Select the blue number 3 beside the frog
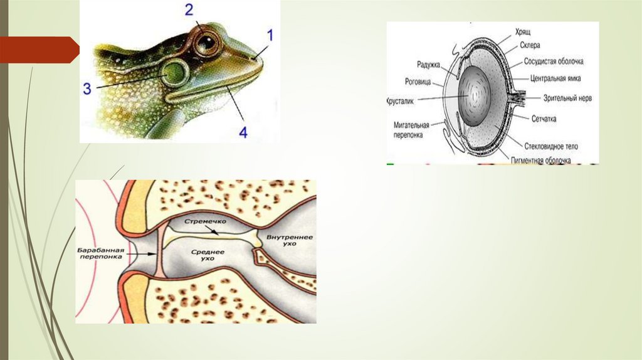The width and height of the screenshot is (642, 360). (87, 88)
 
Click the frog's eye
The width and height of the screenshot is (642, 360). (204, 42)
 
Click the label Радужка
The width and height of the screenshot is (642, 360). (429, 63)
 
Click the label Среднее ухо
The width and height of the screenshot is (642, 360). (204, 255)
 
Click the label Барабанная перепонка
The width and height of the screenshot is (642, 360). (101, 254)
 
